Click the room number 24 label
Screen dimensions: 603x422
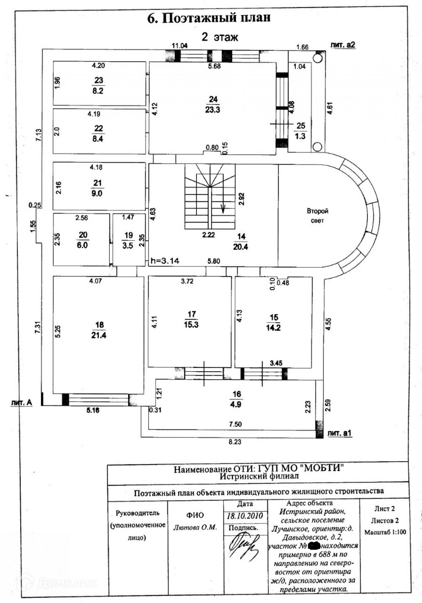(213, 100)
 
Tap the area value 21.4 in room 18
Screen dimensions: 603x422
(99, 335)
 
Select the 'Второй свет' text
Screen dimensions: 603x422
(317, 216)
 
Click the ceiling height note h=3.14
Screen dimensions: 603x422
(165, 261)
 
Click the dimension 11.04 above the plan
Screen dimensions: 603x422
(179, 45)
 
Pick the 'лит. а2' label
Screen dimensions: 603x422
(343, 45)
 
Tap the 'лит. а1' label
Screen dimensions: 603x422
(339, 433)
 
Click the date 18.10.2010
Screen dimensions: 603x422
(245, 516)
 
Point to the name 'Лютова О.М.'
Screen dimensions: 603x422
(195, 527)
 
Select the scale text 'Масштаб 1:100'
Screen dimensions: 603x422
(385, 532)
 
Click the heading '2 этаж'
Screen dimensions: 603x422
(220, 37)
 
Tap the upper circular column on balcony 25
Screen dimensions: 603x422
(318, 57)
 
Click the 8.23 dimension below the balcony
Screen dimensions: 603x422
(235, 442)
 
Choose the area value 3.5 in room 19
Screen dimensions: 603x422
(128, 246)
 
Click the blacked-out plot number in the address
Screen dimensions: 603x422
(314, 546)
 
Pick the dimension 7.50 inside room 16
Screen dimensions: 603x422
(235, 424)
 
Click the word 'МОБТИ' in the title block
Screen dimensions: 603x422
(324, 468)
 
